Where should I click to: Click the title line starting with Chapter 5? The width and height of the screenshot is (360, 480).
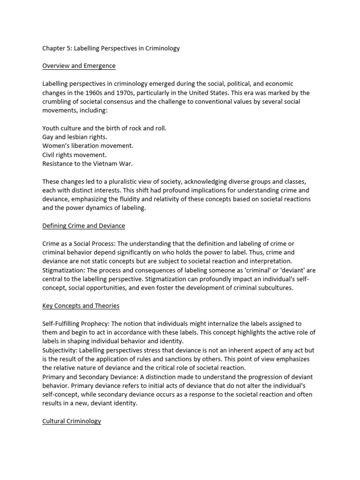click(x=111, y=48)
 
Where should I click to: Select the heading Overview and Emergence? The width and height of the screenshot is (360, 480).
click(x=79, y=66)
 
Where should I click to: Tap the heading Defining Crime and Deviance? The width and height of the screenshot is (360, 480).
click(x=83, y=225)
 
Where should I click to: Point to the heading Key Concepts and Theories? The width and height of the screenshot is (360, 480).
click(x=81, y=306)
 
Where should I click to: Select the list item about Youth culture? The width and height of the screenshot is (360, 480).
click(x=104, y=128)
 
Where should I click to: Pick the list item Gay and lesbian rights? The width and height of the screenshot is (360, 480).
click(x=75, y=137)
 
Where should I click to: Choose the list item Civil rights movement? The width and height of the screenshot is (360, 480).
click(x=75, y=155)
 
